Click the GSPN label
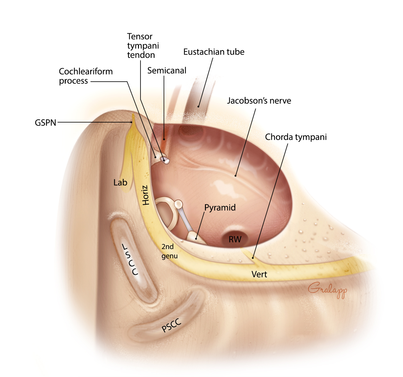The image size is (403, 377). coord(45,123)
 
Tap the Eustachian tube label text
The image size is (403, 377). coord(214,52)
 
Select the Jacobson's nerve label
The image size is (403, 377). coord(259,101)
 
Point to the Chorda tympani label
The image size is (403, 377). coord(296,137)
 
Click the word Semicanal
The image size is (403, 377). coord(167,71)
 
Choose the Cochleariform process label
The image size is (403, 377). coord(86,76)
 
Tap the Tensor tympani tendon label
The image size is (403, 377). coord(143,46)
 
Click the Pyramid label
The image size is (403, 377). coord(220,208)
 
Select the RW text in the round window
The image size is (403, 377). coord(235,240)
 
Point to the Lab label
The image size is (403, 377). coord(120,183)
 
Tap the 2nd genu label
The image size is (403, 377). coord(169,251)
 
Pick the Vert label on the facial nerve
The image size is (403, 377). coord(259,275)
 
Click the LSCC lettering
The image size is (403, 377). coord(130,260)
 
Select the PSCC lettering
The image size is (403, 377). coord(171,325)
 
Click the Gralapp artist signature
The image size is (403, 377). coord(327,290)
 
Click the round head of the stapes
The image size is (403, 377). coord(178,205)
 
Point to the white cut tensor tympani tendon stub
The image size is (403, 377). coord(165,160)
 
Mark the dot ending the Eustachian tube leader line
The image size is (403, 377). coord(198,106)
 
